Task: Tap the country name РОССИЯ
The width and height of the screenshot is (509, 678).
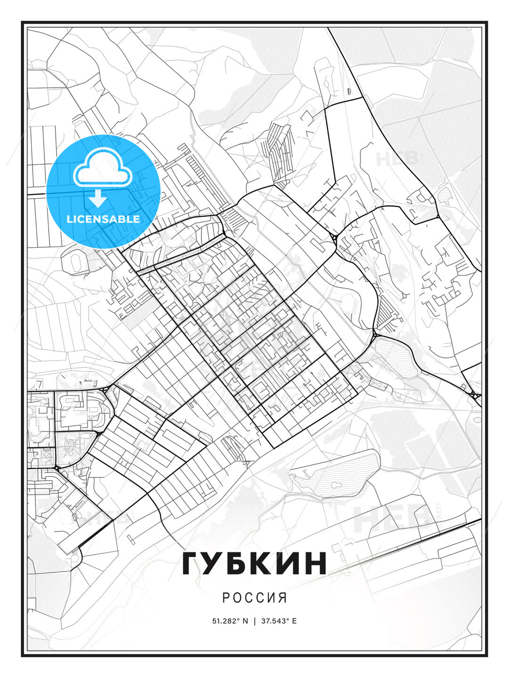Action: (x=254, y=597)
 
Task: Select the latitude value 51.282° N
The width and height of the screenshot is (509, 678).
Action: (x=230, y=621)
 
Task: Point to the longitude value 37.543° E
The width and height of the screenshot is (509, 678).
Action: (x=279, y=621)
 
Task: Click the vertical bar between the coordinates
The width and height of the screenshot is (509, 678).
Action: (x=254, y=621)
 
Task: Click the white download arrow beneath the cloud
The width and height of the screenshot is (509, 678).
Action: (x=98, y=199)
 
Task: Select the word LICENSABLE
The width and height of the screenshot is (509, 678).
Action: (x=103, y=219)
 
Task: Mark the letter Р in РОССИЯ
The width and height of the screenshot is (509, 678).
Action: (x=226, y=597)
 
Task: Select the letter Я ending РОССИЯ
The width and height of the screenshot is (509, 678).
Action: (x=283, y=597)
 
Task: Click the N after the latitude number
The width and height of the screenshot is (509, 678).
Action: (x=245, y=621)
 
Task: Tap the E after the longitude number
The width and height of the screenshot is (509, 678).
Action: (x=295, y=621)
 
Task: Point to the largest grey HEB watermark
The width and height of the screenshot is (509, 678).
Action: (x=391, y=518)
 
